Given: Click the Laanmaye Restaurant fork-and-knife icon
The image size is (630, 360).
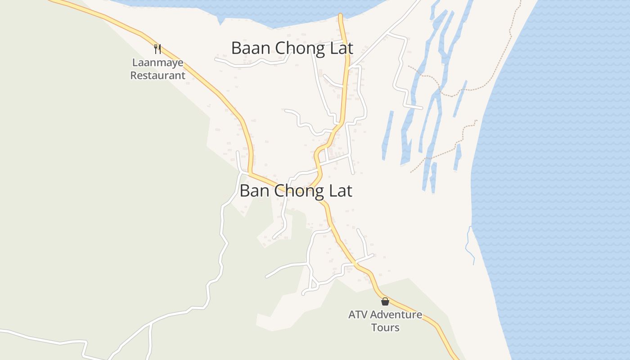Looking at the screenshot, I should [157, 49].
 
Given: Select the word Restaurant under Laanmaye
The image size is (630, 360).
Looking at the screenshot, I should [157, 75].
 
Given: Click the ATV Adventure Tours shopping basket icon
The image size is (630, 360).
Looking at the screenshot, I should [385, 301].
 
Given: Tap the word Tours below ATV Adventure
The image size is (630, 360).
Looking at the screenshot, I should [385, 327].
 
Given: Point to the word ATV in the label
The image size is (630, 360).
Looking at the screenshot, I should [358, 314].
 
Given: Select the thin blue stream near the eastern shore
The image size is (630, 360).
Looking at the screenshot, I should [469, 245].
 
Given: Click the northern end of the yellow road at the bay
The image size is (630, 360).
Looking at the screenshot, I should [341, 17].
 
